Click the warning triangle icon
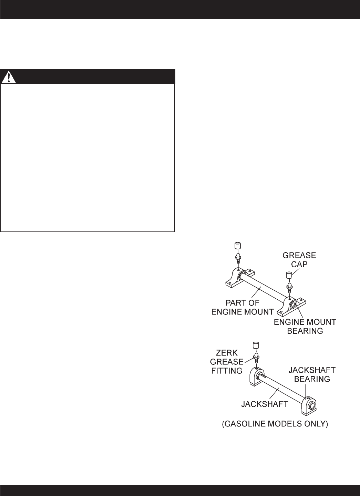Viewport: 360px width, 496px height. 9,77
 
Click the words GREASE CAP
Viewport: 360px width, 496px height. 299,260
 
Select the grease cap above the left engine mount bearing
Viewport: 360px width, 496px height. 237,246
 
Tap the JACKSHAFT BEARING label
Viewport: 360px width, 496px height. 312,374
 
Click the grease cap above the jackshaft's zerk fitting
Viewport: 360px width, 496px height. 256,345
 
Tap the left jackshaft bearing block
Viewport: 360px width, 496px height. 256,377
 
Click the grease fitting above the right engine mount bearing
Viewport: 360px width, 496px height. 289,286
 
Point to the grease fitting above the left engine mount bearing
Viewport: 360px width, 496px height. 237,257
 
